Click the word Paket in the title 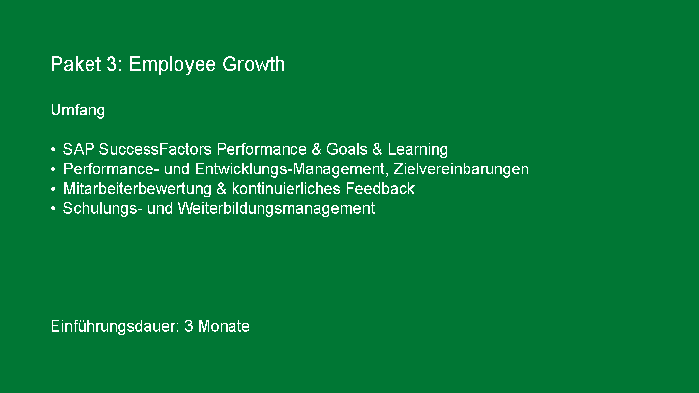tap(76, 64)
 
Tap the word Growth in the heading tap(253, 64)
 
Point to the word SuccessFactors tap(155, 149)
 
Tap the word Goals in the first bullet tap(347, 149)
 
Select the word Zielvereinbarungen tap(461, 169)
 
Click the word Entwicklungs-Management tap(290, 169)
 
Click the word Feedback tap(380, 188)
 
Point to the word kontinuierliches tap(286, 188)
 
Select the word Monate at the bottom tap(224, 326)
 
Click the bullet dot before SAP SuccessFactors tap(54, 150)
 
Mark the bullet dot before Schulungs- tap(54, 208)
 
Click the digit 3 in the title tap(112, 64)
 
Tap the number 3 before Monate tap(189, 326)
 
